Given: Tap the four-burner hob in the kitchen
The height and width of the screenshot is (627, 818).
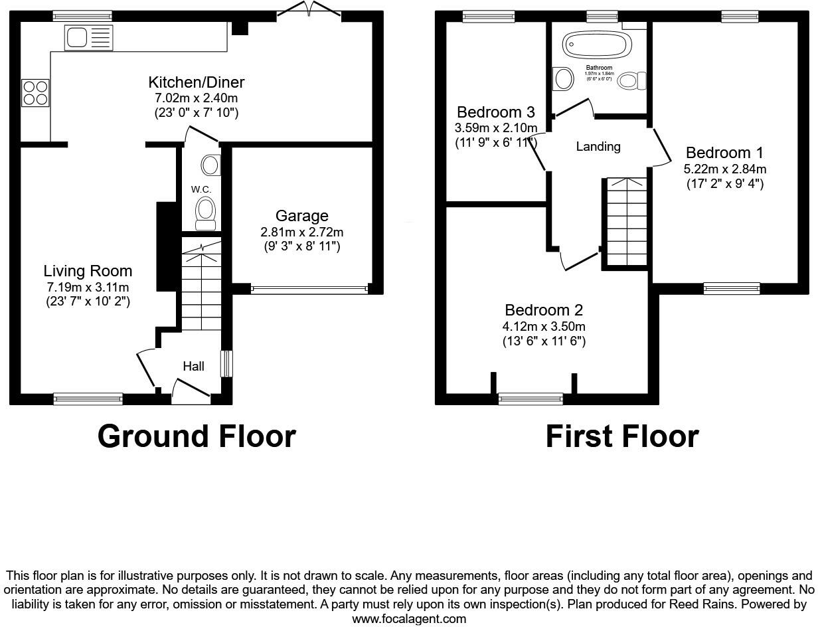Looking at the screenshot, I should (x=35, y=92).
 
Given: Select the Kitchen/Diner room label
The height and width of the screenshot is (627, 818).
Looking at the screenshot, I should (x=196, y=82).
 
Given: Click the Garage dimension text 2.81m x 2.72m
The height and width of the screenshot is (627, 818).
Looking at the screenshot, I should (x=302, y=232).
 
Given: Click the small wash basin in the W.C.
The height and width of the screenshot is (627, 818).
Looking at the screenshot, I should (x=212, y=165).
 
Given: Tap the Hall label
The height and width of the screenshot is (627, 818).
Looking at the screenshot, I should (x=193, y=366).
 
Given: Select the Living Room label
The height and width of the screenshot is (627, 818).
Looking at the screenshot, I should (x=88, y=271).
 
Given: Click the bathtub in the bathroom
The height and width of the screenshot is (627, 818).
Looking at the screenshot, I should (x=595, y=46).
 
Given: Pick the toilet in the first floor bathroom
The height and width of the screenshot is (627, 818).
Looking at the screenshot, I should (x=631, y=81).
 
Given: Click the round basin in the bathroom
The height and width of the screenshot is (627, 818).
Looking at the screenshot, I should (x=563, y=79).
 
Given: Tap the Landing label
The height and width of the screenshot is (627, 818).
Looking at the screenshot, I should (x=598, y=147).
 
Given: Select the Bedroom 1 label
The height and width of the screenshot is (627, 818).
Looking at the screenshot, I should (x=724, y=152).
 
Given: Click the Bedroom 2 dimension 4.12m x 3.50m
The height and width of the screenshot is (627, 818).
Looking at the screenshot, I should (x=544, y=326).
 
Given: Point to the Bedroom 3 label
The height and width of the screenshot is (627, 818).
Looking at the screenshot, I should (x=496, y=112).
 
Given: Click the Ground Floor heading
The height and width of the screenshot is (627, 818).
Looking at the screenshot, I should (x=197, y=436).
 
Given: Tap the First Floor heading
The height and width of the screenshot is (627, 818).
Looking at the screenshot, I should (x=622, y=436).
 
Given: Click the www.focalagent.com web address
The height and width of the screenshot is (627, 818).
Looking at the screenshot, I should (x=408, y=619).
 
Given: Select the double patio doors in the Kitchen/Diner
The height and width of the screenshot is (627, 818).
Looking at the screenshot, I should (x=309, y=9).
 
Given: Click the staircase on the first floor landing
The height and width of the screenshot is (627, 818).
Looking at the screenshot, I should (x=625, y=222).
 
